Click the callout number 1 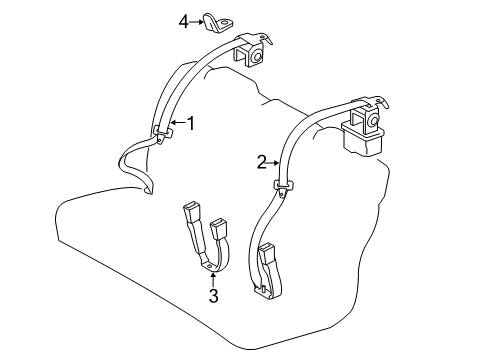tap(190, 124)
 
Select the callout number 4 tap(183, 20)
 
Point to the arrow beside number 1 tap(175, 124)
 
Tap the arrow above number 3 tap(212, 277)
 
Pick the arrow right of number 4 tap(197, 20)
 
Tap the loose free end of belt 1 tap(148, 187)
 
